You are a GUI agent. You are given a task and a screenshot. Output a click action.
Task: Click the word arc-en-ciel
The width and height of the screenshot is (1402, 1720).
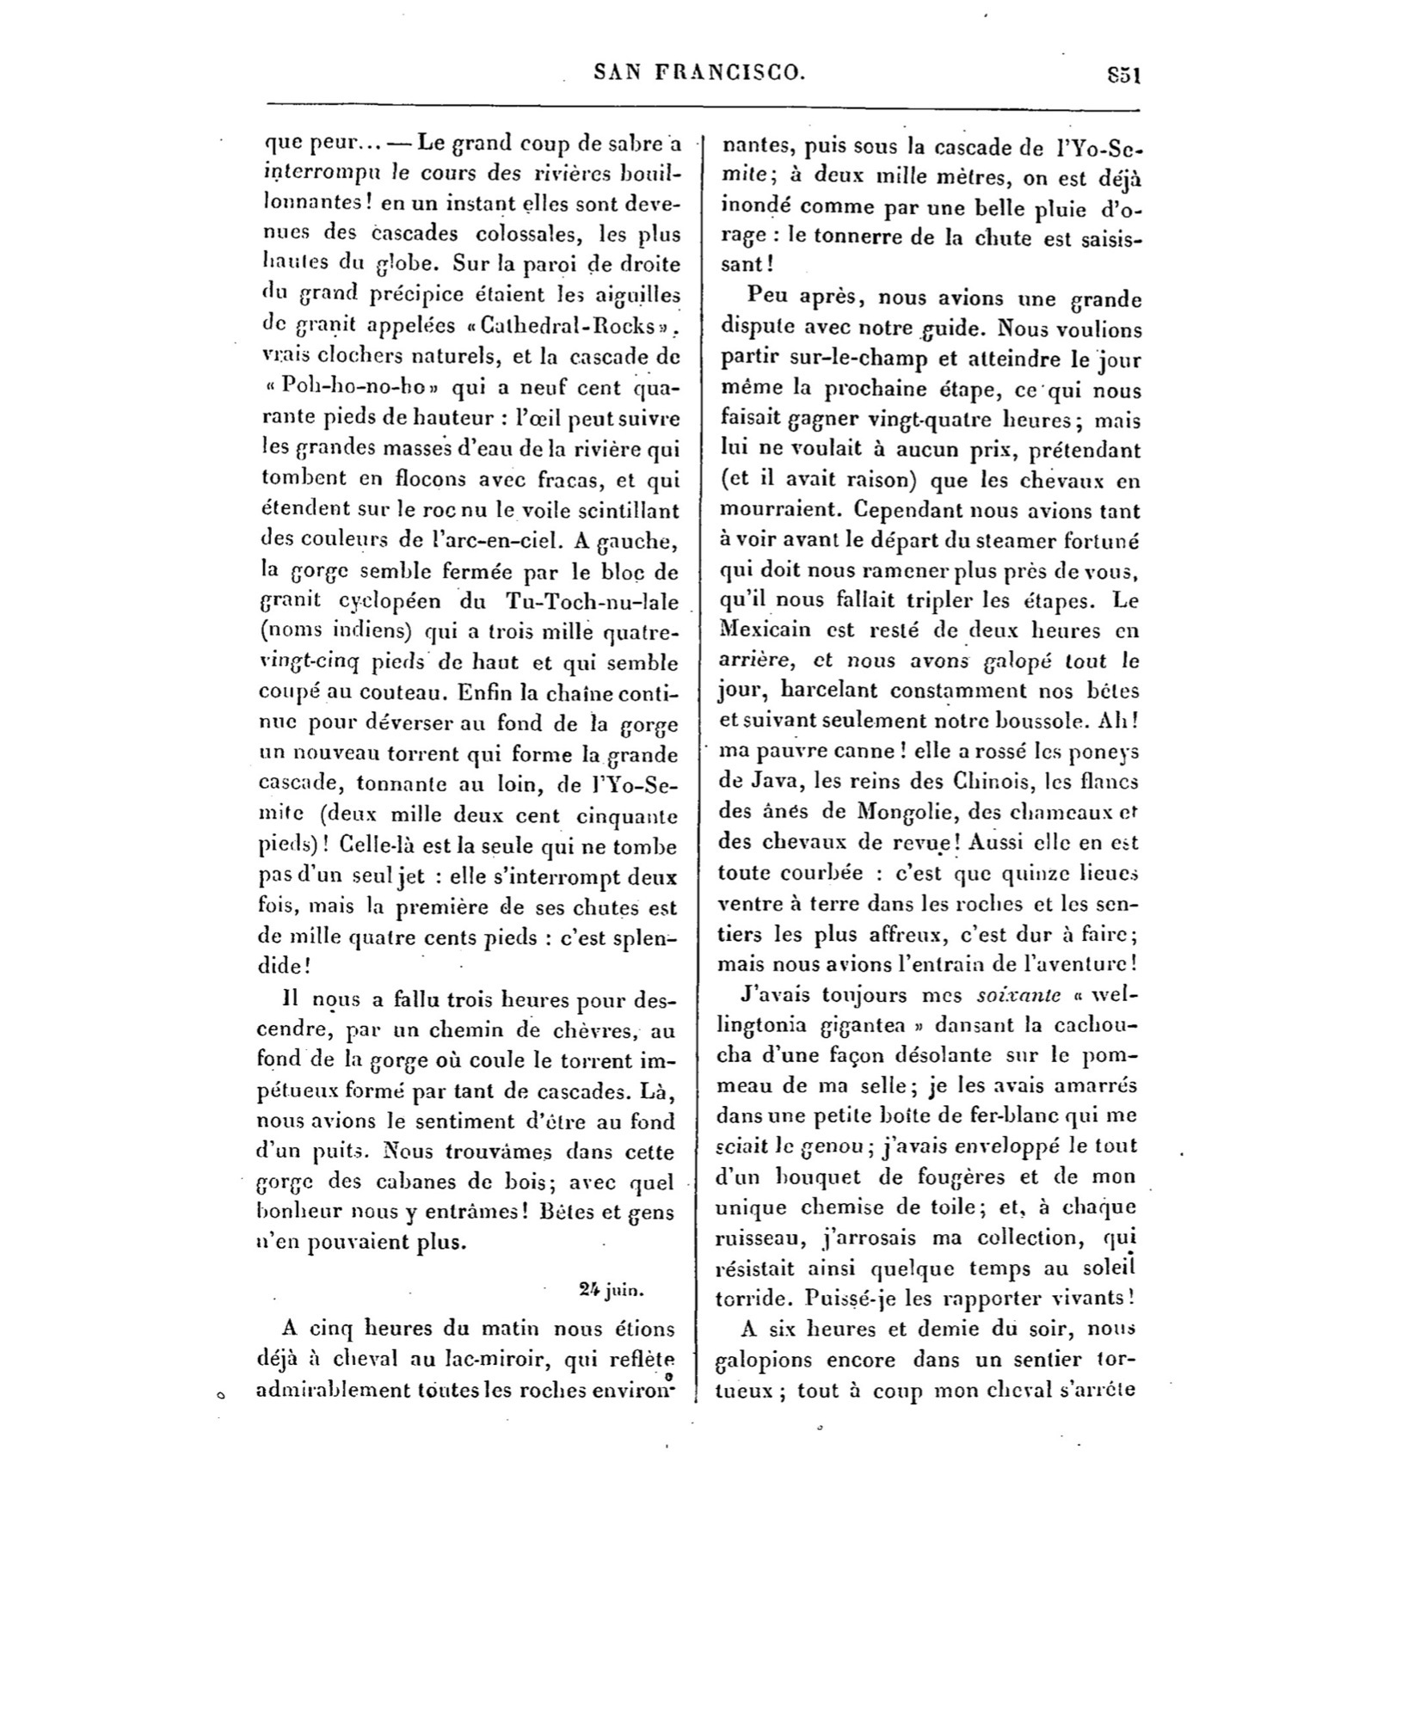501,540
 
